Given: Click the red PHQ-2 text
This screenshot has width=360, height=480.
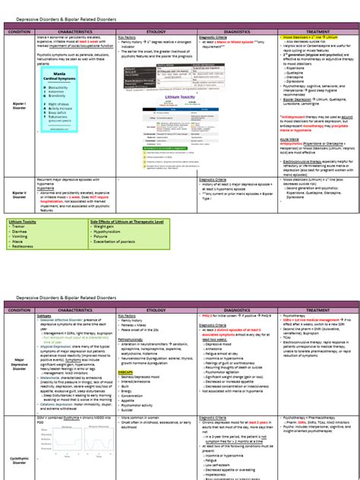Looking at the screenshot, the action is coord(210,314).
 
